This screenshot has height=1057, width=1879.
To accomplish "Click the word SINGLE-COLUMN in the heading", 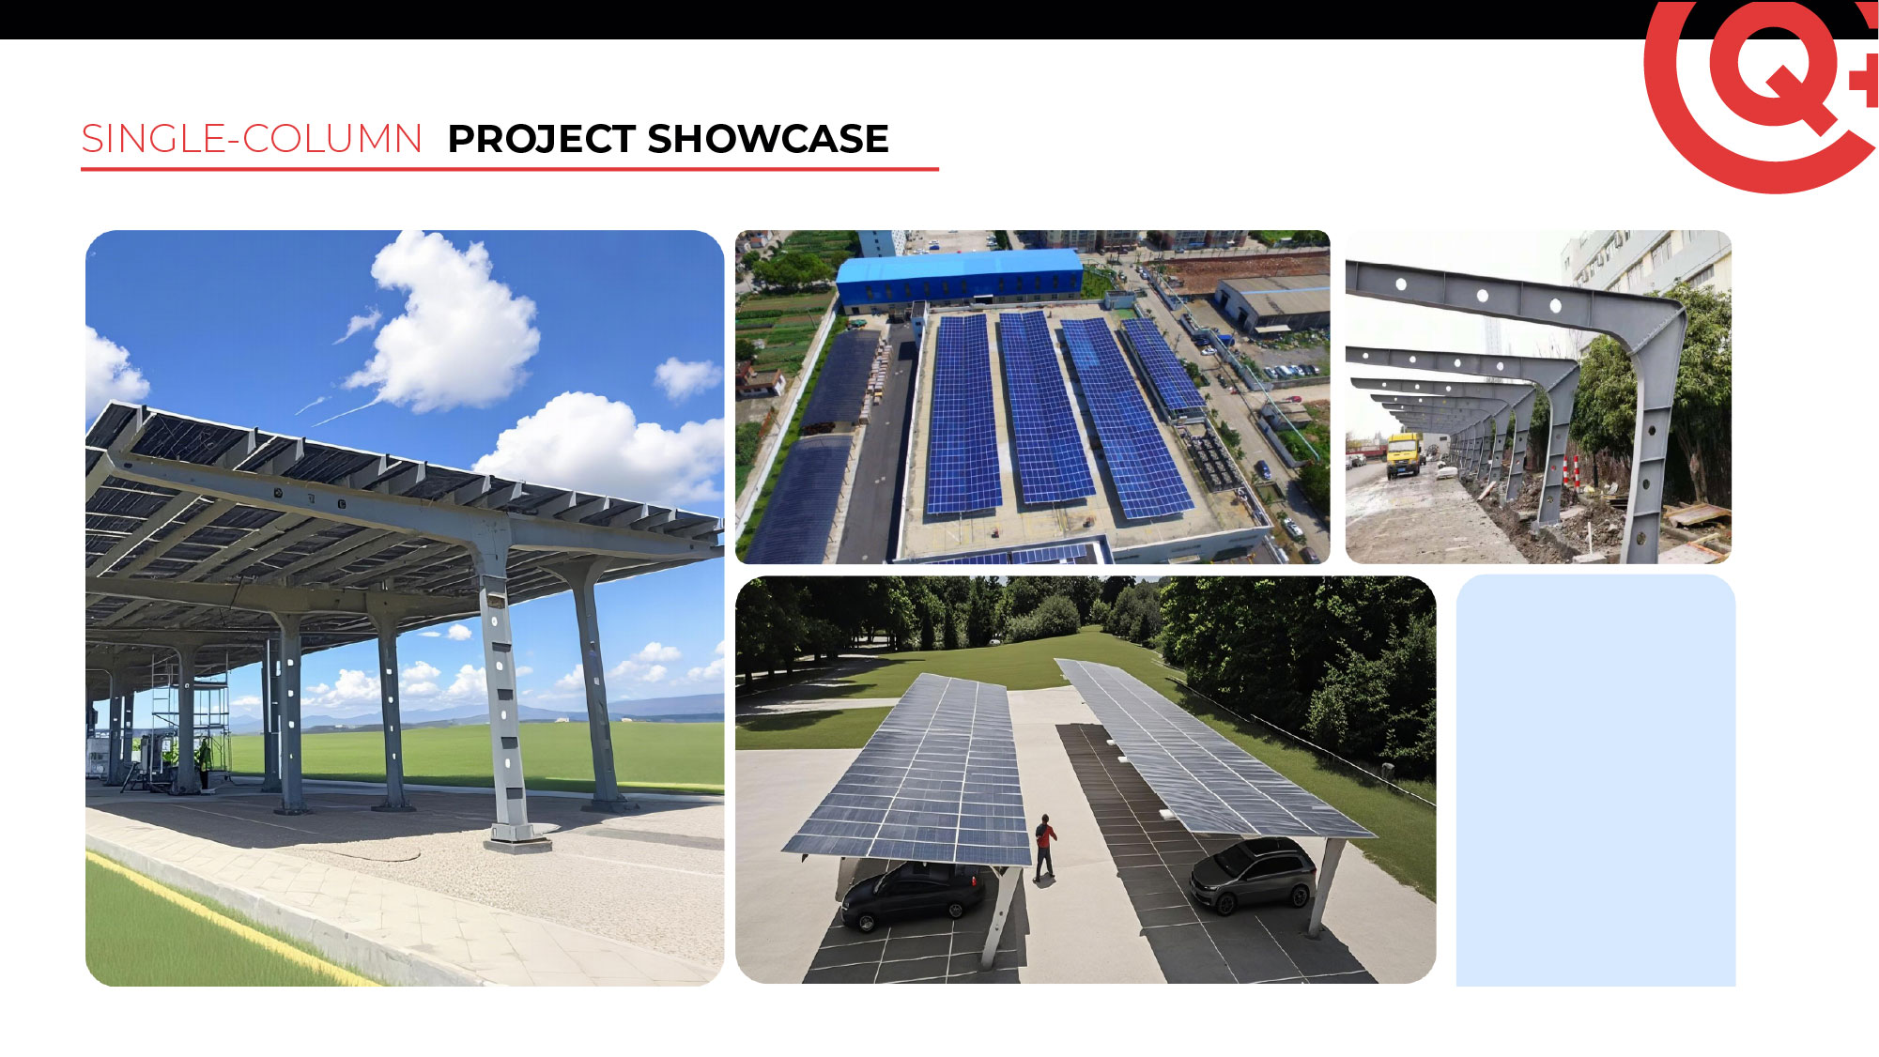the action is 252,139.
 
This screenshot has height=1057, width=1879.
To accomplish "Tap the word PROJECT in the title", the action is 542,139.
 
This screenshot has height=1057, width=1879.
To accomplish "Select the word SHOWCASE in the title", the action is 768,139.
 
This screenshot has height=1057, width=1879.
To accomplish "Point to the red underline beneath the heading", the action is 510,169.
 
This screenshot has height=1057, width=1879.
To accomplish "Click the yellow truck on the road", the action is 1404,454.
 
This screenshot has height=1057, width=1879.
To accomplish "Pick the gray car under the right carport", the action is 1254,874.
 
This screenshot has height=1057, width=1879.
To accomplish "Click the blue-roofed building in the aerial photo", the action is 959,279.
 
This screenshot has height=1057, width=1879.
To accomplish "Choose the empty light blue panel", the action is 1595,780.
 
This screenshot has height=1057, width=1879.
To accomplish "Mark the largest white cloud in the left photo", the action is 446,324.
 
